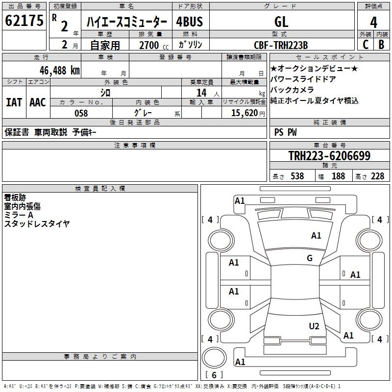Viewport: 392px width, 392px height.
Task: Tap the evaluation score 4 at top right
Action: pos(373,23)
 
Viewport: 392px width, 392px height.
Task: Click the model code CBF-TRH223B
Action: pos(280,45)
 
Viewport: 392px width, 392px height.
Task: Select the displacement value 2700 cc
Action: pos(150,45)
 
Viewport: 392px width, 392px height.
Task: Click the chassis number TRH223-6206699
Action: pos(329,156)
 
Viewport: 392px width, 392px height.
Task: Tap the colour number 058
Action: pos(81,113)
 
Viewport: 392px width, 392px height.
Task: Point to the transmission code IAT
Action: pos(14,102)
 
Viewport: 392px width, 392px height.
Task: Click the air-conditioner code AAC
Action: pos(38,102)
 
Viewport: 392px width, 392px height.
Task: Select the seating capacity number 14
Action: pos(201,93)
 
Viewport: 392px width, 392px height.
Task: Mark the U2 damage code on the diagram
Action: pos(314,326)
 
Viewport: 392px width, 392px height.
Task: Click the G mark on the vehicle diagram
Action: pos(310,258)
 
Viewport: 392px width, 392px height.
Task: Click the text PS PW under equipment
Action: pos(286,132)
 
